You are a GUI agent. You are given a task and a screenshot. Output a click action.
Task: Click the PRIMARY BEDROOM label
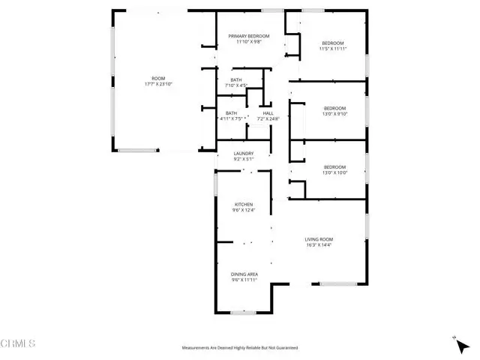(x=249, y=36)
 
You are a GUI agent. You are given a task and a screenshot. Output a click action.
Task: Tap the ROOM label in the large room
(x=158, y=79)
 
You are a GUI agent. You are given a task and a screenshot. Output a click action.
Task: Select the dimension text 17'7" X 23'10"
(x=158, y=85)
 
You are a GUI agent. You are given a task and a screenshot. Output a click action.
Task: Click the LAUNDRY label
(x=244, y=154)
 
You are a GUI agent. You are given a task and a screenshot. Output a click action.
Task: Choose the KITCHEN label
(x=244, y=204)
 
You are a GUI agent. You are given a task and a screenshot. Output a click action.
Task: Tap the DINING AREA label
(x=244, y=274)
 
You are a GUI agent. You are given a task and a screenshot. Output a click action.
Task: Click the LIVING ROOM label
(x=319, y=239)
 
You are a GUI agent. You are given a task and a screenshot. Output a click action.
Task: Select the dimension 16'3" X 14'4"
(x=319, y=245)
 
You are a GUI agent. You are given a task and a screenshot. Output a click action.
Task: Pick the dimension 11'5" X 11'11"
(x=332, y=49)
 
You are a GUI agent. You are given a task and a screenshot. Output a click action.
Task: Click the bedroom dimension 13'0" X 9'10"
(x=334, y=114)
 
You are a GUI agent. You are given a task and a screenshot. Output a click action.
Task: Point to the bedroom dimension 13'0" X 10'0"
(x=334, y=172)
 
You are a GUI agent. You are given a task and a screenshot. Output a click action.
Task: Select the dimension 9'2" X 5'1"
(x=244, y=160)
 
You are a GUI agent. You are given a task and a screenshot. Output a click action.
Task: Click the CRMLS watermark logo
(x=19, y=344)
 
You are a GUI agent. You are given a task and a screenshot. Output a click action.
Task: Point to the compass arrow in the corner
(x=456, y=340)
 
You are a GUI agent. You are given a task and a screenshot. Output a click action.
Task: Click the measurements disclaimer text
(x=240, y=348)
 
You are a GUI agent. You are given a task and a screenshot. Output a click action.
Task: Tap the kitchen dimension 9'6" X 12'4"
(x=244, y=210)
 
